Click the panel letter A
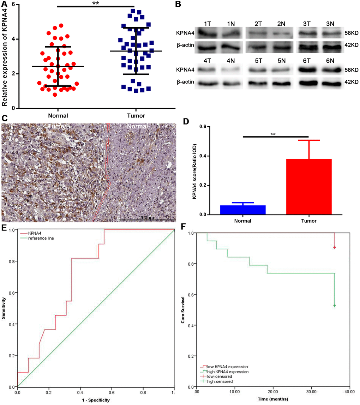[5, 5]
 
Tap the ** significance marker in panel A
[96, 3]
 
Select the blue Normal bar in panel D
[242, 210]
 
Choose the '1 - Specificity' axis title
[95, 400]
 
